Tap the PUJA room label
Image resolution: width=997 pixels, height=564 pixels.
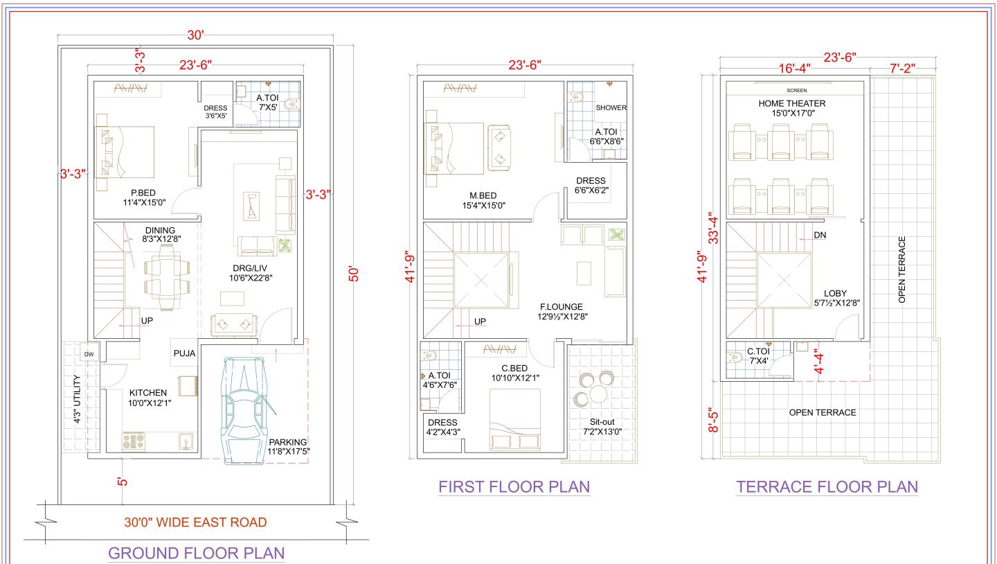185,353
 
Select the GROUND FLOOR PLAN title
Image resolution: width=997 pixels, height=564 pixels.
196,553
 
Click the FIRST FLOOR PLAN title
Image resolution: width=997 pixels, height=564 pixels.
514,486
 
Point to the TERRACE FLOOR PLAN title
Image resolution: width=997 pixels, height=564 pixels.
827,486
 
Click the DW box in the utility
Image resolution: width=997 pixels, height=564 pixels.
89,354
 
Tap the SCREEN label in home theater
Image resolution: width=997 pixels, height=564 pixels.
796,90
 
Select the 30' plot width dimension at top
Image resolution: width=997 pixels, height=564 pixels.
196,35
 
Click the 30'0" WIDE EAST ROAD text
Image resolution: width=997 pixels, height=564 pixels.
196,522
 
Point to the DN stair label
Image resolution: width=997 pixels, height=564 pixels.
820,235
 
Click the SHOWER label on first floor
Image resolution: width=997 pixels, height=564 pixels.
611,107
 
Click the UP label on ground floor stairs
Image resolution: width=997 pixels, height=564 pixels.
147,321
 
